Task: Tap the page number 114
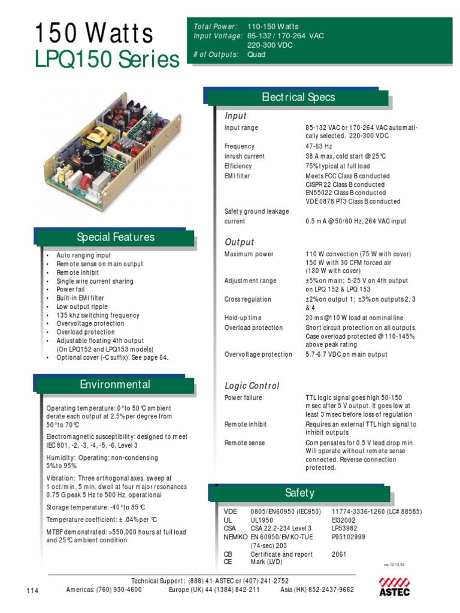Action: click(32, 591)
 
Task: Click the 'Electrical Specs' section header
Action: click(298, 97)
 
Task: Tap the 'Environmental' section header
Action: click(115, 384)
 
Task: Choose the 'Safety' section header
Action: click(299, 493)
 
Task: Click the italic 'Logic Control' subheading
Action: click(252, 386)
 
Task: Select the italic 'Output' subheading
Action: click(239, 242)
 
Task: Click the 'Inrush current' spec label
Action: click(244, 156)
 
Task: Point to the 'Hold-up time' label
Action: click(243, 318)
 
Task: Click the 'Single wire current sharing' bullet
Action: click(95, 281)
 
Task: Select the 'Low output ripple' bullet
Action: click(82, 306)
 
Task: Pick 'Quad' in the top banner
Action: click(256, 54)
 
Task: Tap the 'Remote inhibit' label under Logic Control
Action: click(246, 424)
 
